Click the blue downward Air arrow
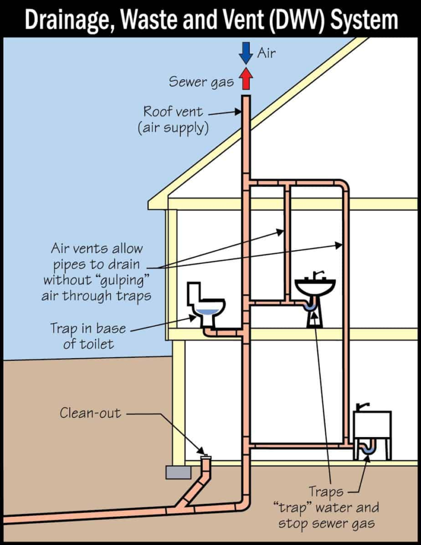245,53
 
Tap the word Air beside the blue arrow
267,53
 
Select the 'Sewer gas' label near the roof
201,81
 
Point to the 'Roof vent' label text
173,112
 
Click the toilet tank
194,293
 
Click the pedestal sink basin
315,288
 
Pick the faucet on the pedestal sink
317,275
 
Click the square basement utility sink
372,424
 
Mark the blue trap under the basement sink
368,450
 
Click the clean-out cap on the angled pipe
205,457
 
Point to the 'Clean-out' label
90,412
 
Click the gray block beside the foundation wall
178,472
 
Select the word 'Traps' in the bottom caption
326,492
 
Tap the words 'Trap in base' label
88,328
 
